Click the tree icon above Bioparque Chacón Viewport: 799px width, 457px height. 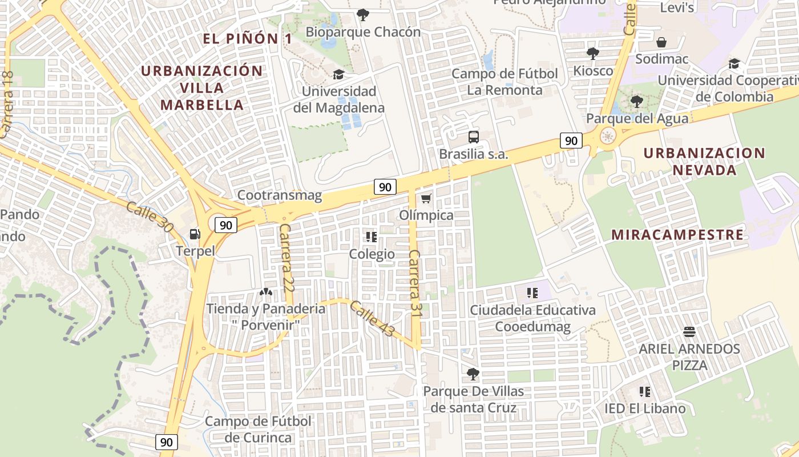tap(362, 15)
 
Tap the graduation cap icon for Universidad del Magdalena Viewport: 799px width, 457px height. tap(338, 75)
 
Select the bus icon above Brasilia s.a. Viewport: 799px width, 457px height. tap(474, 137)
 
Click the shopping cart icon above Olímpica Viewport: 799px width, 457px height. tap(426, 199)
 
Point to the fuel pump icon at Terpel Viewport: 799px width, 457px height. tap(195, 234)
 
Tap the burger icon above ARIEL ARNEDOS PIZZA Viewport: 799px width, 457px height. tap(689, 332)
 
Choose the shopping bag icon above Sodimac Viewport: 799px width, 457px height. tap(661, 42)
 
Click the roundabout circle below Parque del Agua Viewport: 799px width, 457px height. tap(607, 137)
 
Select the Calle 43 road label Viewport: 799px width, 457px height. tap(372, 318)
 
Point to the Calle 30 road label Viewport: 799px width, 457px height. tap(150, 217)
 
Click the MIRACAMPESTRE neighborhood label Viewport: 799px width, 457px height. tap(677, 235)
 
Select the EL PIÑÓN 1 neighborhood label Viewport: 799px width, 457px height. tap(248, 39)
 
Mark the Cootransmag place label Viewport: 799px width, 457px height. tap(279, 196)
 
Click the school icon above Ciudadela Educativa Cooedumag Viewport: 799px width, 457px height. tap(532, 294)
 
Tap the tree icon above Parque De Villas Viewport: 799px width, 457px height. tap(473, 374)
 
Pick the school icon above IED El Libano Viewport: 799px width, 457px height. tap(645, 392)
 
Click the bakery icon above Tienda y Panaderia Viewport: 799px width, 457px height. tap(265, 292)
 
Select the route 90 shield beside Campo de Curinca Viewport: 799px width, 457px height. tap(166, 442)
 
